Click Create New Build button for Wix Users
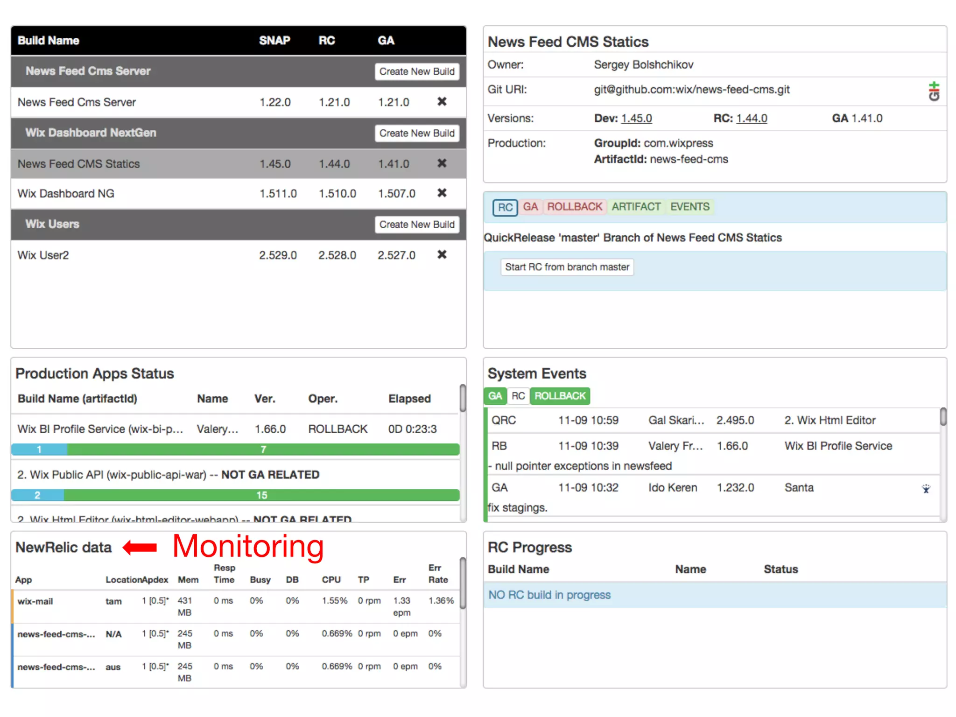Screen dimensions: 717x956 coord(416,225)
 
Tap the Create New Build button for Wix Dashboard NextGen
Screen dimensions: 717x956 coord(416,133)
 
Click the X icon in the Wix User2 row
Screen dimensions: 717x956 coord(442,254)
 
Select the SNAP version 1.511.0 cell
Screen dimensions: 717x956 coord(278,194)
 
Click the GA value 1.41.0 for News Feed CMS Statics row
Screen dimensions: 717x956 coord(393,164)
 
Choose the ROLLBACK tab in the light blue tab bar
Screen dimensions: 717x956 coord(574,207)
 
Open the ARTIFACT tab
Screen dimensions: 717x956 coord(636,207)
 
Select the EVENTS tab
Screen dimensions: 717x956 coord(689,207)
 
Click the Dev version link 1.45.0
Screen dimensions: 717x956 coord(636,119)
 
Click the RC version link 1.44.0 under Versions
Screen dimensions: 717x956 coord(752,119)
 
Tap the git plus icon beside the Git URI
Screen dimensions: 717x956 coord(934,91)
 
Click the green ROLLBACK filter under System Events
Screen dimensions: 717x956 coord(560,396)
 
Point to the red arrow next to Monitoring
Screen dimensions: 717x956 coord(140,547)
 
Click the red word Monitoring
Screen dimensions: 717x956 coord(248,546)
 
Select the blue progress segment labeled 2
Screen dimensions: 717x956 coord(37,495)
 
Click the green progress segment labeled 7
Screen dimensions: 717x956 coord(263,450)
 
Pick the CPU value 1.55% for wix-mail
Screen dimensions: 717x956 coord(334,601)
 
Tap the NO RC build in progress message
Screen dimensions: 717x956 coord(549,595)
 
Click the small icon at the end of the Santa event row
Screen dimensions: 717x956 coord(926,489)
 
